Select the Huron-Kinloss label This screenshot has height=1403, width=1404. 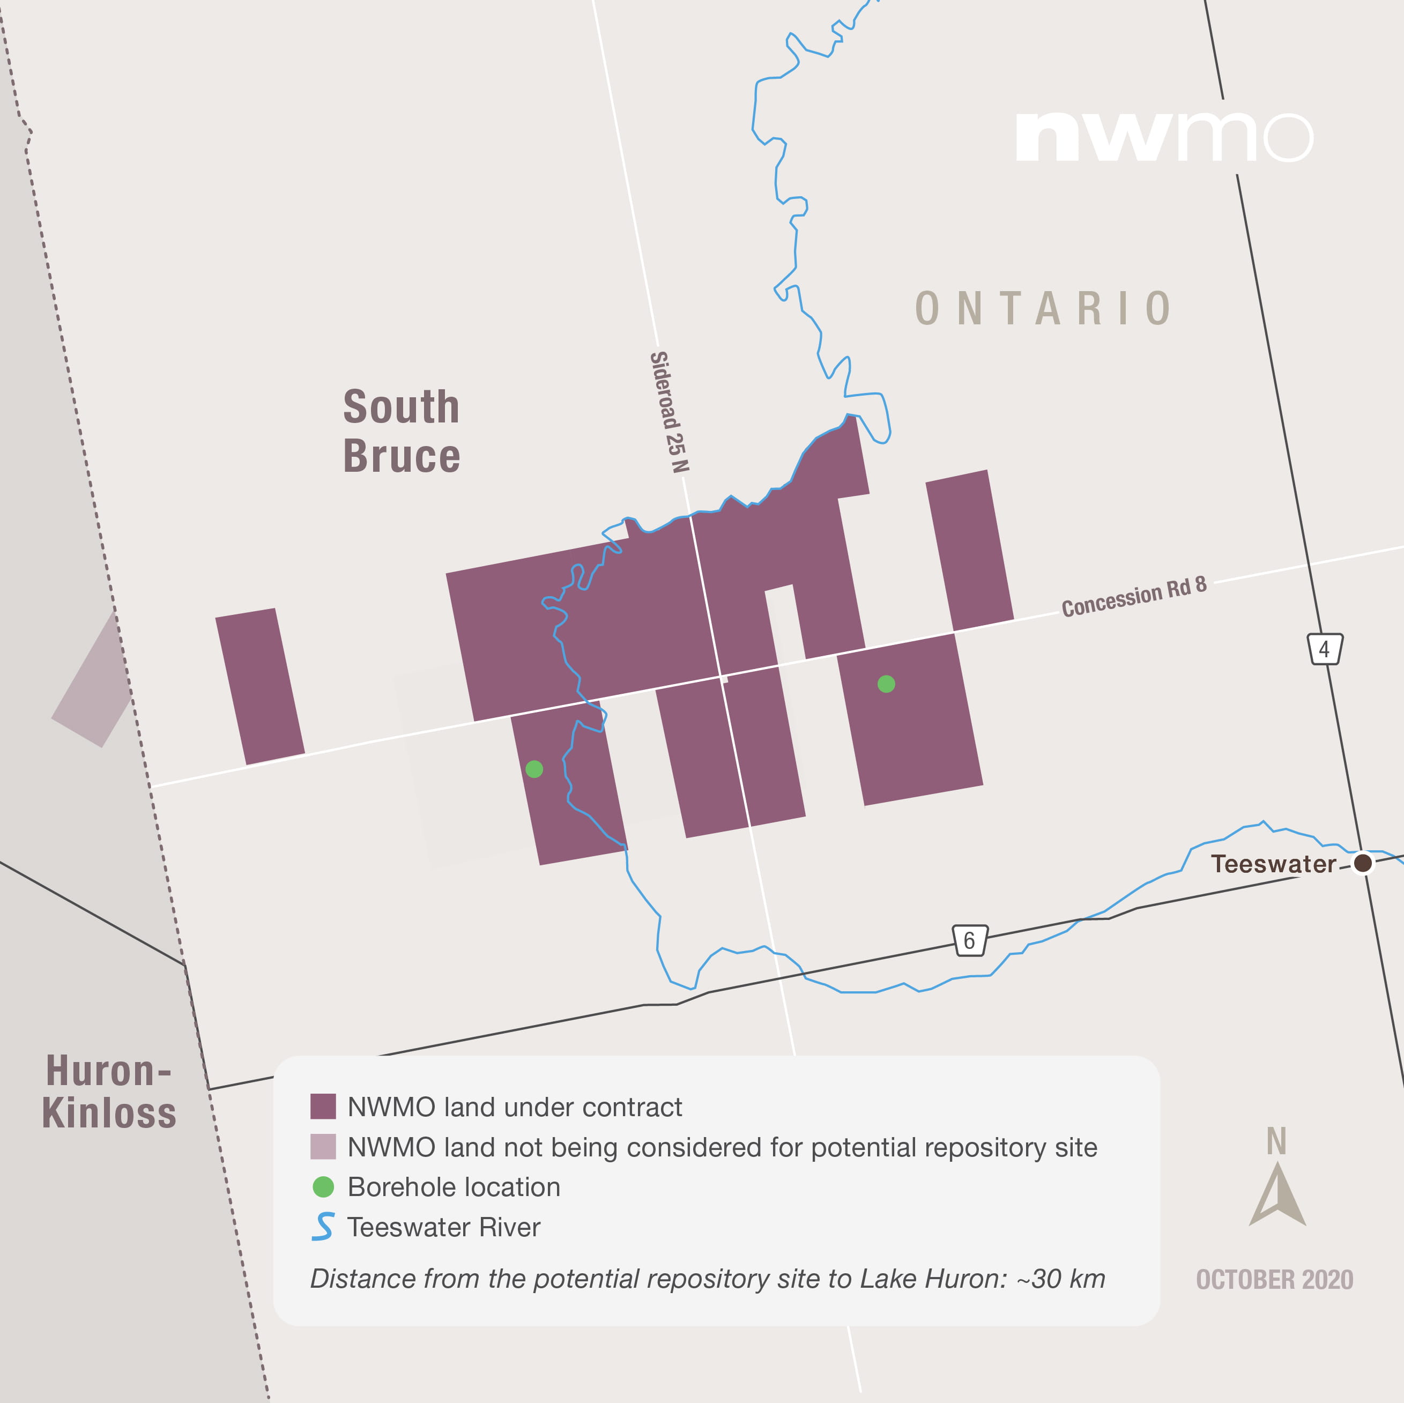(109, 1092)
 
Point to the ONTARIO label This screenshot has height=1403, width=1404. (1043, 309)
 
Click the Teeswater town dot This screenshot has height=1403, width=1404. (1363, 863)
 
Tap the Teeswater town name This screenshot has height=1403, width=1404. (1273, 864)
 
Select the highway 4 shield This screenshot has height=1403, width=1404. (1324, 649)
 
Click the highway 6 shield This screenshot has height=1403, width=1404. (969, 941)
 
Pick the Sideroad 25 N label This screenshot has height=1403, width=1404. (668, 412)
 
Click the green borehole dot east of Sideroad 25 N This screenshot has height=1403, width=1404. (886, 684)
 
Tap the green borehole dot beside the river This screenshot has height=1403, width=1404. (534, 769)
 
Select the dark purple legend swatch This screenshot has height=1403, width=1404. (323, 1107)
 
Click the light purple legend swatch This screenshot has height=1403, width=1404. (323, 1147)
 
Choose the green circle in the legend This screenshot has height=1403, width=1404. (323, 1186)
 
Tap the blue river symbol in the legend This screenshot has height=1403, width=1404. (323, 1227)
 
